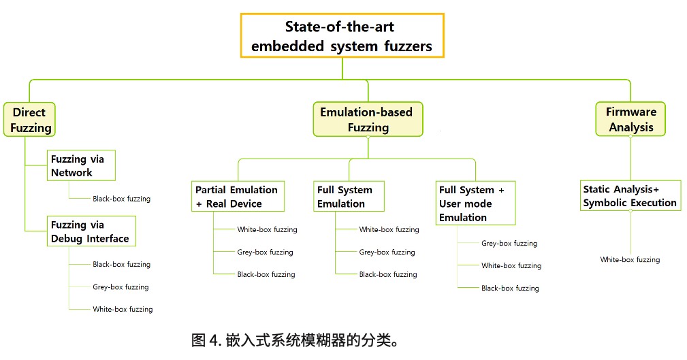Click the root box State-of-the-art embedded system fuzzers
[x=342, y=37]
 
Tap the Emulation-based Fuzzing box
[x=366, y=120]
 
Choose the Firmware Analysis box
[x=631, y=120]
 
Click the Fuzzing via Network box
[x=80, y=165]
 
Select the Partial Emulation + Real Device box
[x=236, y=196]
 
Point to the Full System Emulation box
[x=349, y=196]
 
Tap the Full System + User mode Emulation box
[x=476, y=203]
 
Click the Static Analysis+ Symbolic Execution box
[x=630, y=195]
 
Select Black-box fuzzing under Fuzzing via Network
[x=121, y=199]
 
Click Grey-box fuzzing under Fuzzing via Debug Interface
[x=121, y=287]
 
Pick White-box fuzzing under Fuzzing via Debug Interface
[x=123, y=309]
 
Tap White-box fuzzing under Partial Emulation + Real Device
[x=267, y=229]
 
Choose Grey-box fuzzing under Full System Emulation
[x=387, y=252]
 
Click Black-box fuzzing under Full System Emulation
[x=388, y=274]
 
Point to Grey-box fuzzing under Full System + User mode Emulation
[x=509, y=243]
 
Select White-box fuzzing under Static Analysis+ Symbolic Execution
[x=630, y=259]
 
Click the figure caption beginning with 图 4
[x=294, y=339]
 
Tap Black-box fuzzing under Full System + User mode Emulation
[x=510, y=288]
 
